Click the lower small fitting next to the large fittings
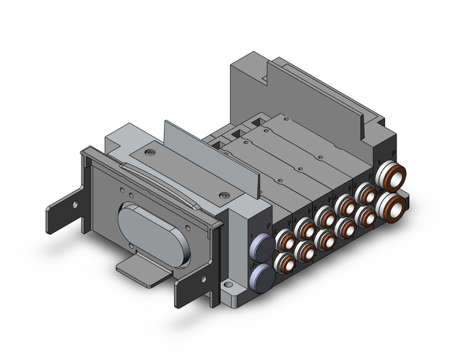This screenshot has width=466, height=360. tap(367, 216)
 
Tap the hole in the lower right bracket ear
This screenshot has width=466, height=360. tap(191, 285)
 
